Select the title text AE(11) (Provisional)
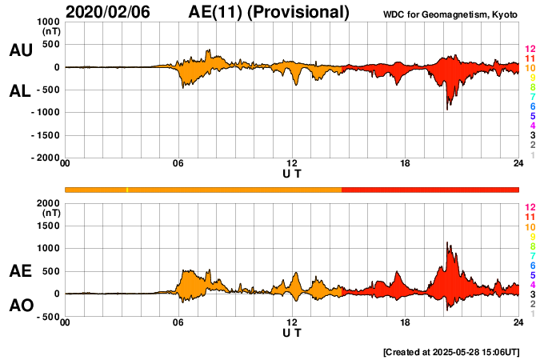click(x=269, y=12)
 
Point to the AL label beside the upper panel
click(x=20, y=91)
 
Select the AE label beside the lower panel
click(x=20, y=271)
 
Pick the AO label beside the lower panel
click(x=20, y=306)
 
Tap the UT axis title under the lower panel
click(x=292, y=333)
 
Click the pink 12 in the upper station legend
click(x=530, y=49)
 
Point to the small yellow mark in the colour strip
click(x=127, y=190)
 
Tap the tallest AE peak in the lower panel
click(x=447, y=243)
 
